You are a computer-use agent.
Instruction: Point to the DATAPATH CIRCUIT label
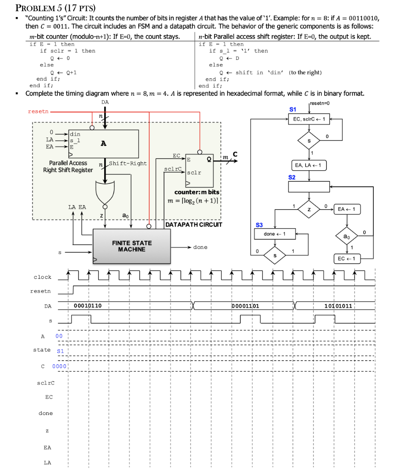193,225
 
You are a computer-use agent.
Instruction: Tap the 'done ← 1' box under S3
275,234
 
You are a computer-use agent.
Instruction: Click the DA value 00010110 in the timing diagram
88,305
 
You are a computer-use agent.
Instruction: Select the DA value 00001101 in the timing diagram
246,305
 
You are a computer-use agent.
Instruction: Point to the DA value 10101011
339,305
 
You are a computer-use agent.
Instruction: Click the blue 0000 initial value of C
60,366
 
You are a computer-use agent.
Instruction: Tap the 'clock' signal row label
43,277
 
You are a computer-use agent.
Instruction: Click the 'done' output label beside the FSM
200,247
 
